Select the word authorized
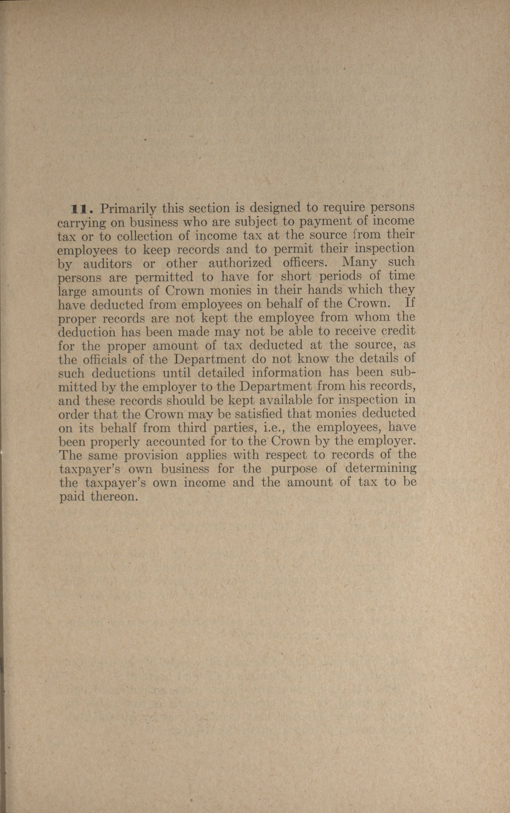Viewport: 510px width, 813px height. [x=240, y=262]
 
